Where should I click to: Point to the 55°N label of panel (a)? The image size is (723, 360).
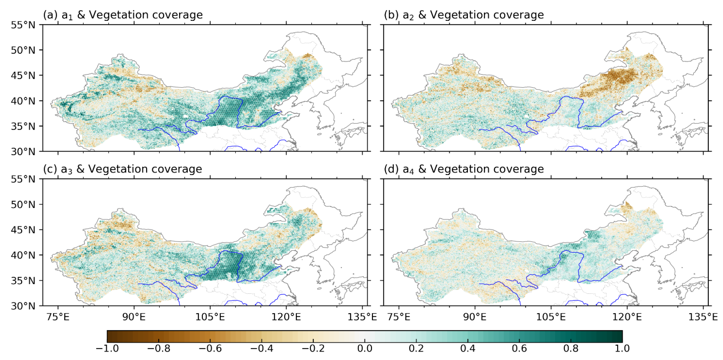(x=23, y=25)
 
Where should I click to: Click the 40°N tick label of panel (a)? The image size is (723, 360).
(x=23, y=101)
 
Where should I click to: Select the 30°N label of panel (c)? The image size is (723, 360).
(x=23, y=306)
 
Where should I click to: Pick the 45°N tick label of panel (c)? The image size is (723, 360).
(x=23, y=230)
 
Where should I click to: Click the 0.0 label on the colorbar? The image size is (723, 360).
(x=365, y=348)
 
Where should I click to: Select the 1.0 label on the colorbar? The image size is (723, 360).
(x=622, y=348)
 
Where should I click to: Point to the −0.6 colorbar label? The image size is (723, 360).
(x=210, y=348)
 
